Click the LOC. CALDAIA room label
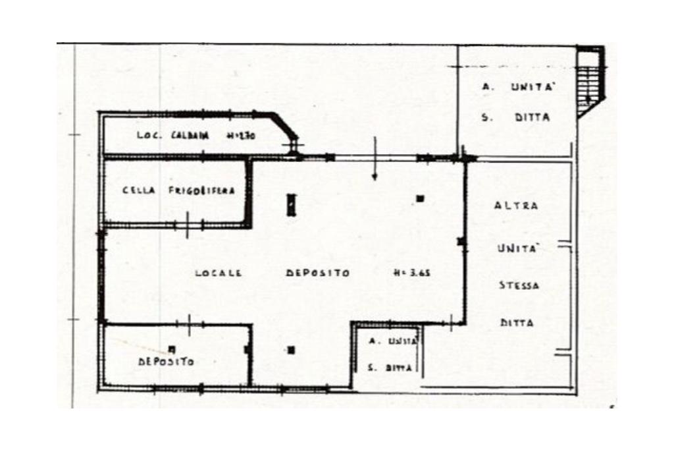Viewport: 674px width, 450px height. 172,136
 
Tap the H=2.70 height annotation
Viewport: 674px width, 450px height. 240,136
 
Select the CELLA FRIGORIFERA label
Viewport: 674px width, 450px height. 178,191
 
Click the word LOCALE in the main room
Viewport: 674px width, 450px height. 217,273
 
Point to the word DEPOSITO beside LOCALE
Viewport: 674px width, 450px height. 318,273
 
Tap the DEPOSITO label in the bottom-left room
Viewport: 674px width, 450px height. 166,362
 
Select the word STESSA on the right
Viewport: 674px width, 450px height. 519,286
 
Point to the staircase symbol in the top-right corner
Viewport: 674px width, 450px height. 590,82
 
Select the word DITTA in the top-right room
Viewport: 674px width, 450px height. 532,118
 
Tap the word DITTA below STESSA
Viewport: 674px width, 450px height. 517,323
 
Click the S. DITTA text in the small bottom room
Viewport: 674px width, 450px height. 390,368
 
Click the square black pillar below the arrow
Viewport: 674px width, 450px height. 420,198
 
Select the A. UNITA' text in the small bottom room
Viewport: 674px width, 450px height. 392,341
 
